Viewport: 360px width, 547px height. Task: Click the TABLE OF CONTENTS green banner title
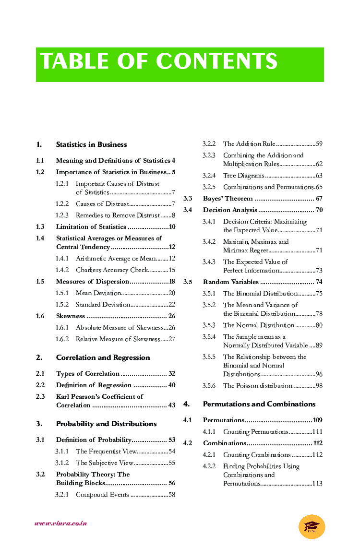click(x=159, y=62)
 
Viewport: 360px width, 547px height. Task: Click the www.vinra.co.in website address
click(x=60, y=523)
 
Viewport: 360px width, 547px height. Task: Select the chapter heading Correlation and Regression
click(x=103, y=357)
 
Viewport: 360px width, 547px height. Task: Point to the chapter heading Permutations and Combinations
click(x=259, y=404)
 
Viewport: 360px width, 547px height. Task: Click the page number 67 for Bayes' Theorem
click(x=319, y=199)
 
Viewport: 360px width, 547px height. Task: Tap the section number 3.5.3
click(x=209, y=325)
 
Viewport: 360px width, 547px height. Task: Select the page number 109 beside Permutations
click(x=317, y=420)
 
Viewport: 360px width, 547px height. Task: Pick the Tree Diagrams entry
click(x=243, y=176)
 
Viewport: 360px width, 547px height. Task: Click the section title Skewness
click(x=71, y=316)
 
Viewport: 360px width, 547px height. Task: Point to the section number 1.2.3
click(x=62, y=215)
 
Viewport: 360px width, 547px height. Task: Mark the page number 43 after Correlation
click(x=171, y=405)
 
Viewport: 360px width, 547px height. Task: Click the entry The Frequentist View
click(x=106, y=452)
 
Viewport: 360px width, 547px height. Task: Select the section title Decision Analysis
click(x=230, y=210)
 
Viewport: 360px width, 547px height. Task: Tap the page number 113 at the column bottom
click(x=317, y=484)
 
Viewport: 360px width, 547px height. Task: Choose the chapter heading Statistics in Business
click(x=91, y=144)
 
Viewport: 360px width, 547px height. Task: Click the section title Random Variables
click(x=230, y=282)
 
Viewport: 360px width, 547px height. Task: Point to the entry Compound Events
click(x=102, y=495)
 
